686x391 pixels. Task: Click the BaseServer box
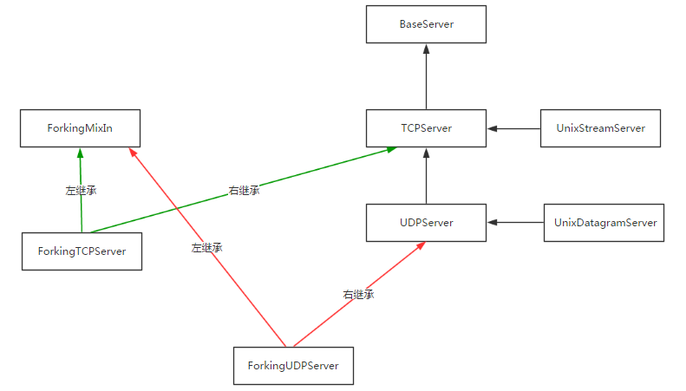coord(427,25)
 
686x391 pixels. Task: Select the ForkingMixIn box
coord(80,127)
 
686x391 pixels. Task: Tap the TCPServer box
coord(427,128)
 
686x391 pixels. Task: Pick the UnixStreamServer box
coord(601,128)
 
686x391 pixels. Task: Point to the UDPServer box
coord(427,223)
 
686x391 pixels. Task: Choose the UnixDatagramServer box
coord(604,223)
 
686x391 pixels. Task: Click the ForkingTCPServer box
coord(82,251)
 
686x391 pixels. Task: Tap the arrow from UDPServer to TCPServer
coord(427,176)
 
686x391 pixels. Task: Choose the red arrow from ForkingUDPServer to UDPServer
coord(382,277)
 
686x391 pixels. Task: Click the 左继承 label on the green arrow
coord(81,190)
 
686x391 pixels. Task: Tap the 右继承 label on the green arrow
coord(244,190)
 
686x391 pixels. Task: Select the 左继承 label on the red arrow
coord(206,247)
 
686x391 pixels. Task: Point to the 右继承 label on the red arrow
coord(357,295)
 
